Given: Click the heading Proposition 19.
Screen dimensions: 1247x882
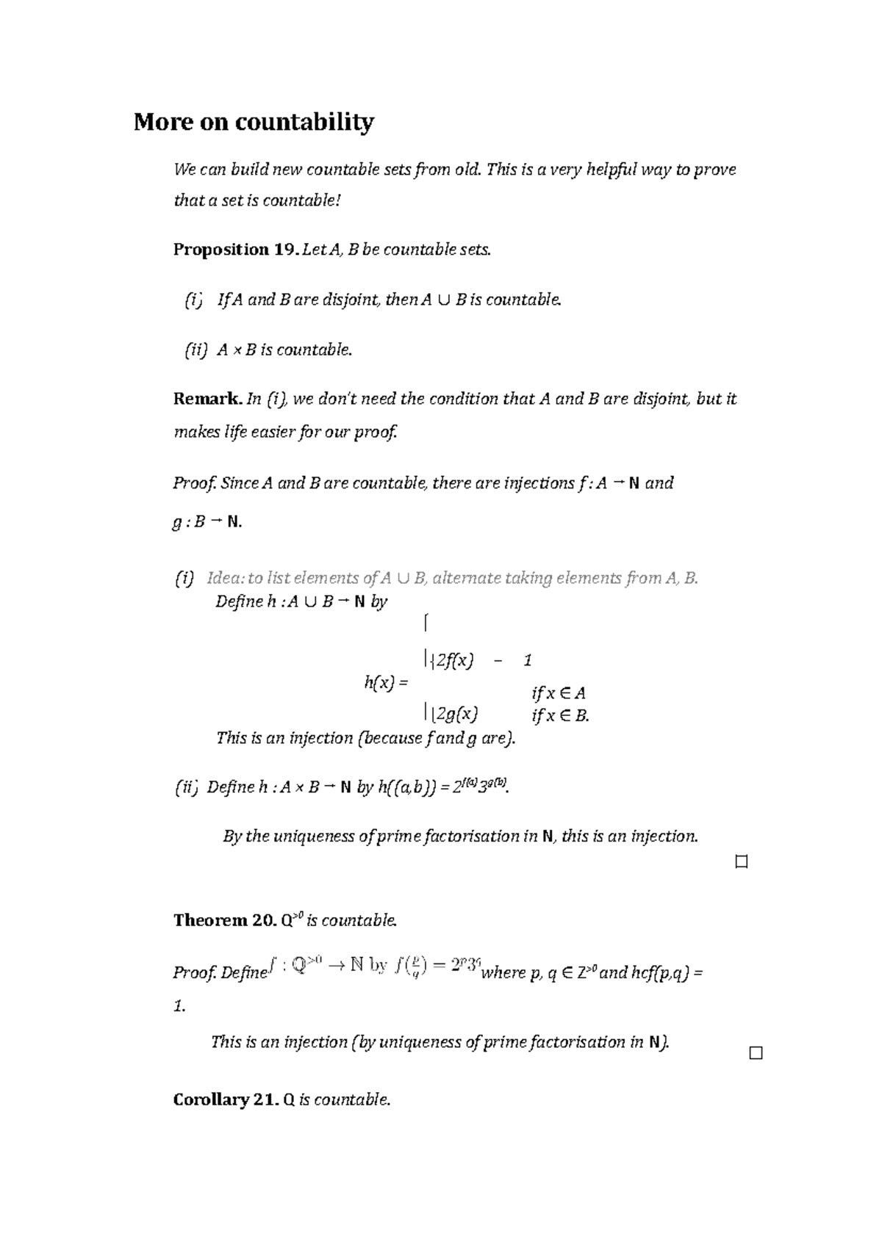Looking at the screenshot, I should (x=235, y=250).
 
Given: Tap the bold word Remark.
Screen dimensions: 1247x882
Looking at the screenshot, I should (x=207, y=399).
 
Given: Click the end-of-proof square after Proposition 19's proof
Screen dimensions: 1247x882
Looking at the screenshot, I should (x=741, y=862).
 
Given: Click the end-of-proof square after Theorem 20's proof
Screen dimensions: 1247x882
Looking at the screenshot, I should (x=756, y=1053).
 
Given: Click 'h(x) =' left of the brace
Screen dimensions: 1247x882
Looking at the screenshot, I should (x=385, y=682).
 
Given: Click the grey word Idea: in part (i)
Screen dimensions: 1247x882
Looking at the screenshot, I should (x=226, y=578).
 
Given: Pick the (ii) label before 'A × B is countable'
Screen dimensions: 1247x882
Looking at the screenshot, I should (x=196, y=350).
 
